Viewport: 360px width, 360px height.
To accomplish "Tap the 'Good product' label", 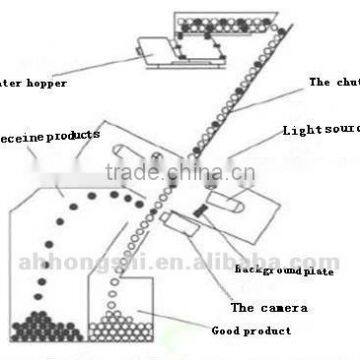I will (x=259, y=330).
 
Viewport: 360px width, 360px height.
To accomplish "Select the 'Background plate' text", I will (x=284, y=271).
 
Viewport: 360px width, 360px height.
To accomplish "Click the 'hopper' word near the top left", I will (x=46, y=83).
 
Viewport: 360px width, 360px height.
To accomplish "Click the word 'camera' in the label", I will (x=283, y=308).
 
